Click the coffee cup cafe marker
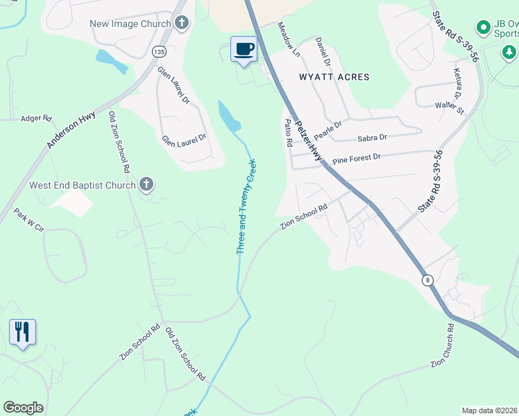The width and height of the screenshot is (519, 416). (x=244, y=49)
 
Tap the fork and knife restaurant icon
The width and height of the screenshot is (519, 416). (x=22, y=332)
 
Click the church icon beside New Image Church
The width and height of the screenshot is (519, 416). (x=181, y=24)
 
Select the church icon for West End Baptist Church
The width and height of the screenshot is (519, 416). (x=146, y=185)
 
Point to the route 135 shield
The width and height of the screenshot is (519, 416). (x=160, y=51)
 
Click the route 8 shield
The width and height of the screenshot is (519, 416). (x=428, y=279)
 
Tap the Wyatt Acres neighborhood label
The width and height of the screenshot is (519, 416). (x=334, y=77)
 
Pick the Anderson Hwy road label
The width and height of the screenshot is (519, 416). (x=71, y=129)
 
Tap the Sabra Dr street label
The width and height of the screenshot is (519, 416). (x=372, y=138)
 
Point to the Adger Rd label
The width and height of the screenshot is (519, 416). (x=37, y=119)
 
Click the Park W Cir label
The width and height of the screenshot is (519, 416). (x=29, y=223)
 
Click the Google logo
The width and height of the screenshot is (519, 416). (x=23, y=408)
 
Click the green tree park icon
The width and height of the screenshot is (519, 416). (x=509, y=53)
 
